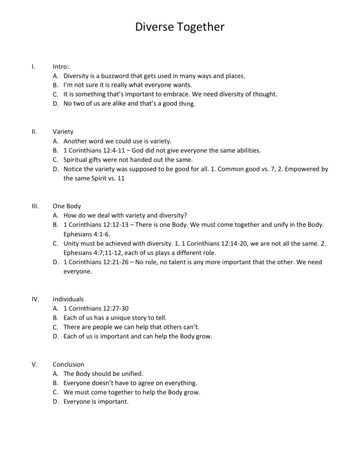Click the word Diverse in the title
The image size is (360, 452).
pyautogui.click(x=155, y=27)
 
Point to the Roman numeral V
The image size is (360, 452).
pyautogui.click(x=34, y=364)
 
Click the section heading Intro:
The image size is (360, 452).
pyautogui.click(x=61, y=66)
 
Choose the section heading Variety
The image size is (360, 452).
pyautogui.click(x=63, y=131)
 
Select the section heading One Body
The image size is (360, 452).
pyautogui.click(x=67, y=206)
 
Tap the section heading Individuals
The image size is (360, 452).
pyautogui.click(x=68, y=299)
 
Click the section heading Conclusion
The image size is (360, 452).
pyautogui.click(x=68, y=364)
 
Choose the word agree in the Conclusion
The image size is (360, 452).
pyautogui.click(x=151, y=383)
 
